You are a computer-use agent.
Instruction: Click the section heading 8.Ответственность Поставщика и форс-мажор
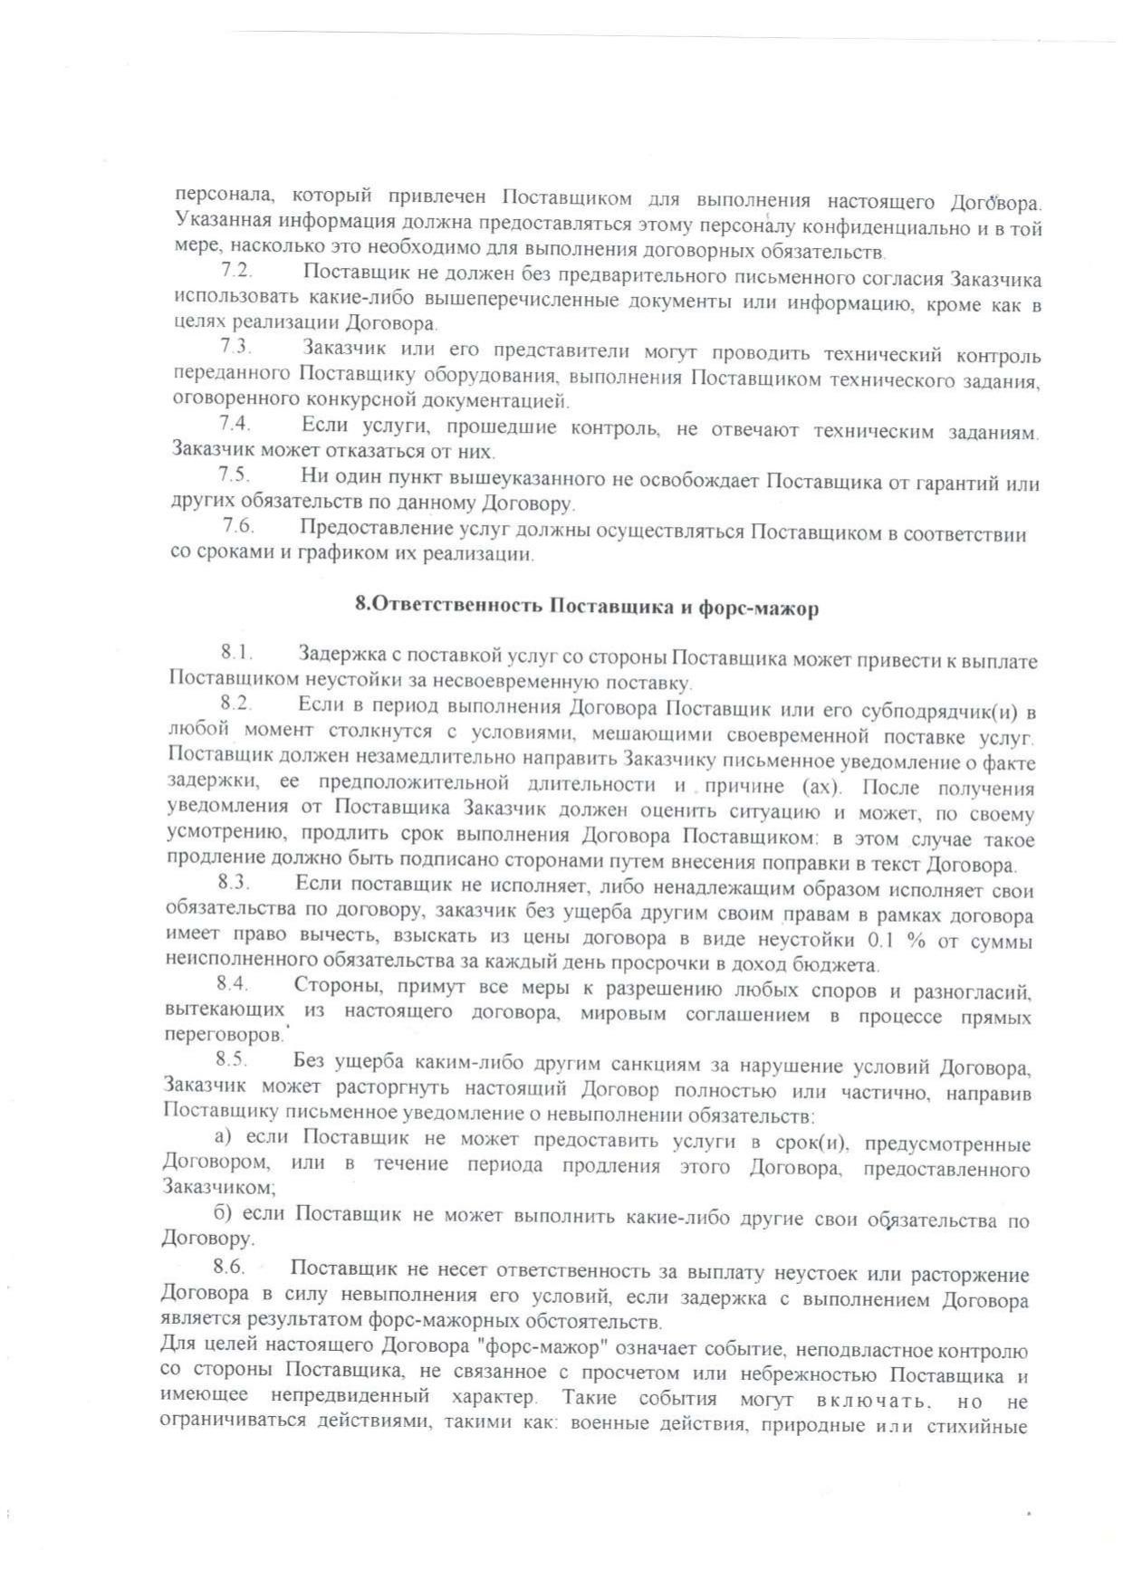tap(587, 607)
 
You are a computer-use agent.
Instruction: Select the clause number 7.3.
tap(235, 347)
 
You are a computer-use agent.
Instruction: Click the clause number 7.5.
tap(234, 474)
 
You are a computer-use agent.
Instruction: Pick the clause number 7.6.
tap(237, 525)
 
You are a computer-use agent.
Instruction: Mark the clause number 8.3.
tap(233, 881)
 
